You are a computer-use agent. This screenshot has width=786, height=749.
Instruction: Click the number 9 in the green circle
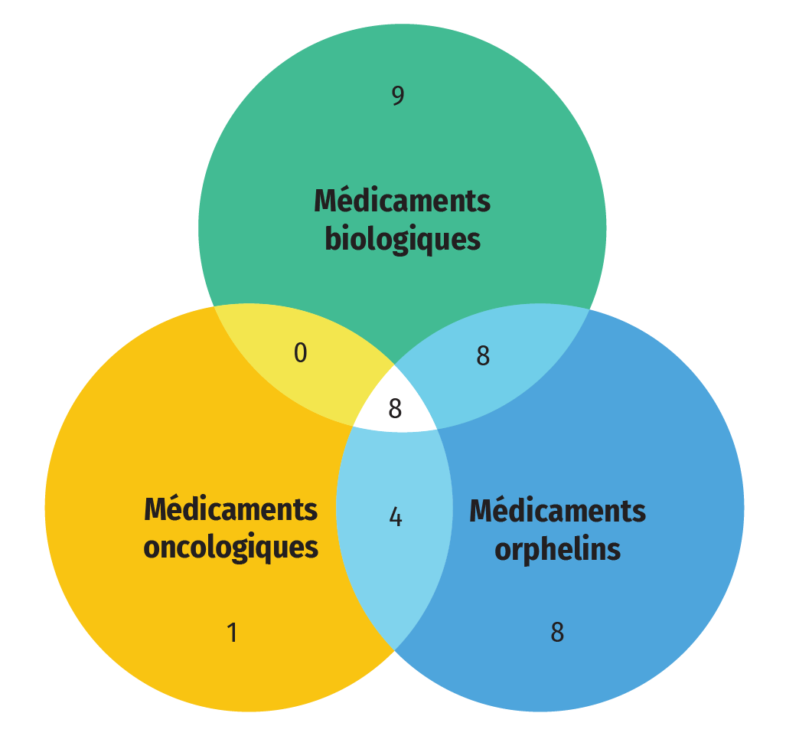click(397, 96)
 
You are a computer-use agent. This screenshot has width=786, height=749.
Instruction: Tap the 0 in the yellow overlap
click(300, 353)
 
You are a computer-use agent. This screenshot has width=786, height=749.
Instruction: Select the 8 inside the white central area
click(395, 409)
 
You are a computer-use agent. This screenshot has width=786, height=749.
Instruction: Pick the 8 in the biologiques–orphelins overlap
click(483, 356)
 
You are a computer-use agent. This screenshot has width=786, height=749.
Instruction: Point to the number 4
click(395, 518)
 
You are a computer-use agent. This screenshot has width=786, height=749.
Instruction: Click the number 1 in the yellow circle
click(232, 633)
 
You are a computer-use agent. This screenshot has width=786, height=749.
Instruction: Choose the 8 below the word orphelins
click(557, 633)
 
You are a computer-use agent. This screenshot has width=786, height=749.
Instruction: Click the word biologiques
click(403, 239)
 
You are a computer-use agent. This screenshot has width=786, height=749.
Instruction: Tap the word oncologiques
click(230, 548)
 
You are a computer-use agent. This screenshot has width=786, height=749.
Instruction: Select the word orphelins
click(557, 549)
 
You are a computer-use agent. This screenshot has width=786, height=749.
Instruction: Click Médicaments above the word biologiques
click(402, 201)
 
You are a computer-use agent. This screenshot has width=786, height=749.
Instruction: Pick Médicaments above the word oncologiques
click(230, 509)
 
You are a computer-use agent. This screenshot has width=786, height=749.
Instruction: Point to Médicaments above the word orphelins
click(557, 511)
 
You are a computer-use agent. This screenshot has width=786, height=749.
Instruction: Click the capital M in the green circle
click(325, 201)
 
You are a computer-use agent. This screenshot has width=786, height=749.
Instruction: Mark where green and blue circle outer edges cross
click(589, 309)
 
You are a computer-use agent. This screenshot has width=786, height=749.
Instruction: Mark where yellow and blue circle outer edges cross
click(394, 650)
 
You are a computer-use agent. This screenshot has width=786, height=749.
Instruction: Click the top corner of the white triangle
click(395, 365)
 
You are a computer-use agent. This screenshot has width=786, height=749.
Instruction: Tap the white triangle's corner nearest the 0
click(353, 425)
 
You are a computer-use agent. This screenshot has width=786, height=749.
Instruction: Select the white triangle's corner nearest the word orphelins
click(437, 429)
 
